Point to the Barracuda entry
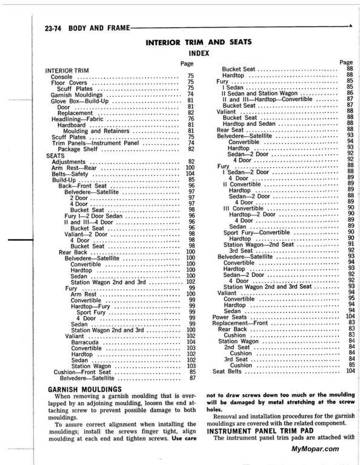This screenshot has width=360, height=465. click(86, 342)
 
